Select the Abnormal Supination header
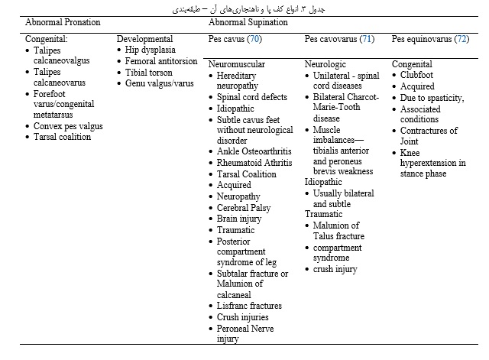pyautogui.click(x=245, y=22)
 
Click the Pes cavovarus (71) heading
pyautogui.click(x=339, y=38)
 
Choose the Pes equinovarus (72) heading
pyautogui.click(x=430, y=38)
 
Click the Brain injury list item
pyautogui.click(x=239, y=218)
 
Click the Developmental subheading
pyautogui.click(x=145, y=39)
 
